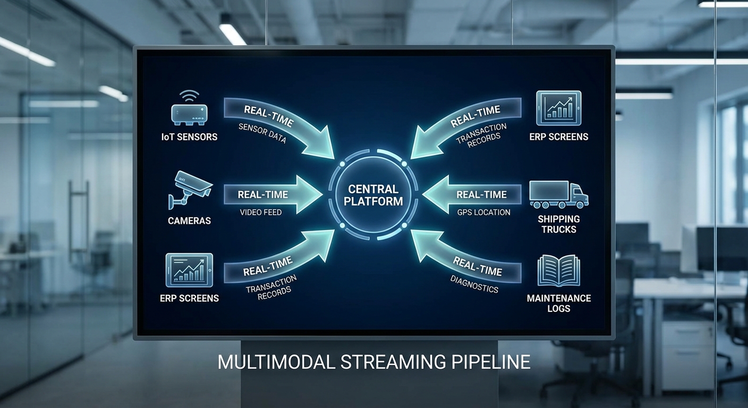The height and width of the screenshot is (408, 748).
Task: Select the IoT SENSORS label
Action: (x=190, y=137)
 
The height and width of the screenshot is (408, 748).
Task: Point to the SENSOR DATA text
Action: (x=262, y=133)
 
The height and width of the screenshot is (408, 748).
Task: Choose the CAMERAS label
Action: (x=190, y=220)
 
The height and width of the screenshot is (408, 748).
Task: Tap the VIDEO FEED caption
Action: (x=260, y=212)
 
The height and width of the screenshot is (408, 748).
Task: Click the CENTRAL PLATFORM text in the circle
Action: (x=373, y=195)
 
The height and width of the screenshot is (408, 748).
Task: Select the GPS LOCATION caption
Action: (x=483, y=212)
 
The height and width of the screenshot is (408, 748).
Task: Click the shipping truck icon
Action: (x=558, y=194)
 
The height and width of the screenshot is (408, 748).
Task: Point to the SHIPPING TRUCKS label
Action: (x=558, y=224)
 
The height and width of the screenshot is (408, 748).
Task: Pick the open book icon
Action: (x=558, y=270)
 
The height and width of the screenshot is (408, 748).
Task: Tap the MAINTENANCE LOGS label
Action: (x=558, y=303)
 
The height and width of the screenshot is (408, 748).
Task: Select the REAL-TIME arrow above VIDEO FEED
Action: (x=271, y=194)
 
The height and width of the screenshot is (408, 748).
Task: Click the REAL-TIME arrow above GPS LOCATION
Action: (x=473, y=194)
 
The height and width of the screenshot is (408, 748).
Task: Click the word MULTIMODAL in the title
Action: (x=277, y=362)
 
